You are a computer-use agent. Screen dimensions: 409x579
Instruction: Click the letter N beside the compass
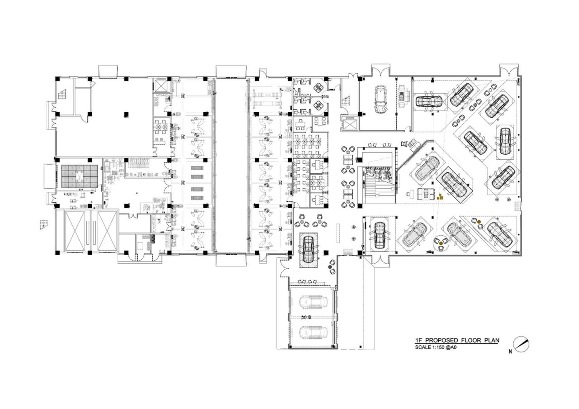510,351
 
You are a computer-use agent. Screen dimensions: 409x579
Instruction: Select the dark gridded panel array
79,176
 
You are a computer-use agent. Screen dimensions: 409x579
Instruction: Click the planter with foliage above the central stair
379,172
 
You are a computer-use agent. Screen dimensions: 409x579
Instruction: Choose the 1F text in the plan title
419,340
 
